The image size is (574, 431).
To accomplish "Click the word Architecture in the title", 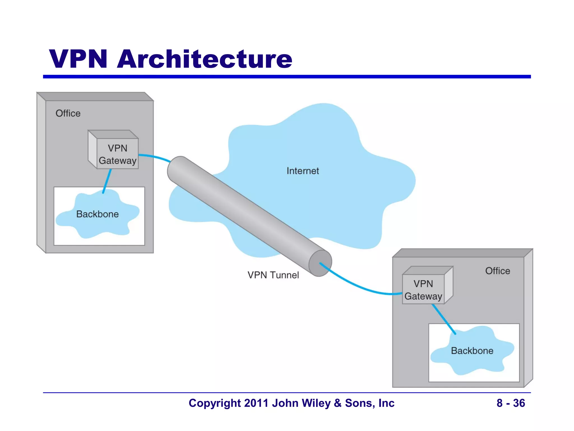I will coord(205,59).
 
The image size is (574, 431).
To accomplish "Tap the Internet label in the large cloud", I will coord(303,171).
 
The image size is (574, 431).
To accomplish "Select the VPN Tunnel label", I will coord(273,275).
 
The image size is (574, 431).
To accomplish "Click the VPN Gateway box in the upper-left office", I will coord(117,154).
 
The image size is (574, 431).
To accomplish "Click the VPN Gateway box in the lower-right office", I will coord(423,290).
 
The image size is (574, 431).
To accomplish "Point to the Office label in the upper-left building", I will coord(68,113).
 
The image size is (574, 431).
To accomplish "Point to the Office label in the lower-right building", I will coord(497,271).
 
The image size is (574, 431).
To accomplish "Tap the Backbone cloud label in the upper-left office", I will coord(98,214).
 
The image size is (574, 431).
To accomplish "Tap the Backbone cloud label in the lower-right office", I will coord(472,351).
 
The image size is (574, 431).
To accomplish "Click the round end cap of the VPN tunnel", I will coord(320,263).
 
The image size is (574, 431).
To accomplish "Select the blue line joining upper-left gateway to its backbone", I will coord(107,181).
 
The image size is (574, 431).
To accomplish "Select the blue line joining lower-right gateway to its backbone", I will coord(444,319).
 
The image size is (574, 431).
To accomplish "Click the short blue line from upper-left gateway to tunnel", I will coord(154,157).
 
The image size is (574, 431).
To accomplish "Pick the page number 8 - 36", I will coord(511,403).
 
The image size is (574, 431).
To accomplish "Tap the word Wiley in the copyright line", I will coord(316,403).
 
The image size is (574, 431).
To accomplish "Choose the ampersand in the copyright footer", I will coord(338,403).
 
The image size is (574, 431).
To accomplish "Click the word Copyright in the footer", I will coord(215,403).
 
